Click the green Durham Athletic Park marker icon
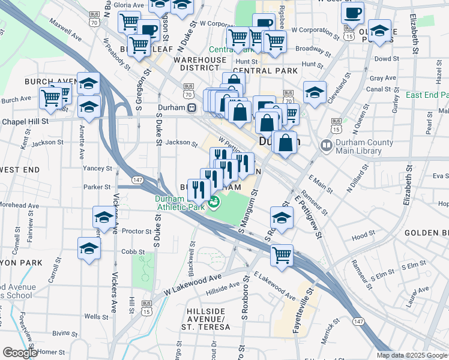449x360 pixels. (x=214, y=203)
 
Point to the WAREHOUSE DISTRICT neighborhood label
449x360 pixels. (x=200, y=64)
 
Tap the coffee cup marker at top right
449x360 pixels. (x=353, y=14)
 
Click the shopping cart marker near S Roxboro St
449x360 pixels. (x=282, y=255)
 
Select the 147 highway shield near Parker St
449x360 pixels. (x=137, y=179)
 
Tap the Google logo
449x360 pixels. (x=19, y=353)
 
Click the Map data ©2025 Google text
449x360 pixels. (x=411, y=355)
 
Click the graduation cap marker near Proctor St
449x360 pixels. (x=104, y=218)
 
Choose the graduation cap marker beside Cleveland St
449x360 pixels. (x=315, y=92)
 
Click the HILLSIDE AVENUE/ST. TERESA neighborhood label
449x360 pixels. (x=205, y=319)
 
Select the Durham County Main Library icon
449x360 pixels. (x=327, y=145)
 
